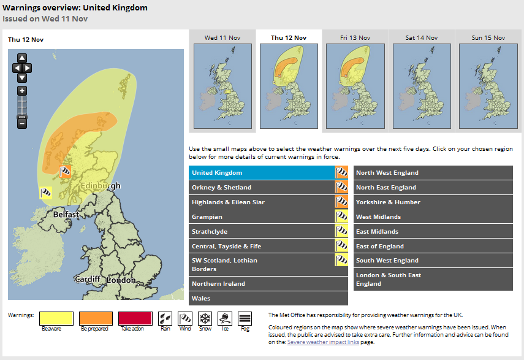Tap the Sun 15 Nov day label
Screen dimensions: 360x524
(486, 38)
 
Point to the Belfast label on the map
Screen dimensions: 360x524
(66, 215)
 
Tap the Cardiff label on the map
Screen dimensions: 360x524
(87, 280)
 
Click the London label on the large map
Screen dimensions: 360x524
(121, 280)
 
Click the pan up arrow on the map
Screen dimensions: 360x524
(22, 58)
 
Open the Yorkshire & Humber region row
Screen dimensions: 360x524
(433, 202)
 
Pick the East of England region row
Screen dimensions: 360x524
(433, 247)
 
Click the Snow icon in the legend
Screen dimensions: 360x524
(205, 318)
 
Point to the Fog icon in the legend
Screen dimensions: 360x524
(245, 318)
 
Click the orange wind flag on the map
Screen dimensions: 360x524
(64, 171)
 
